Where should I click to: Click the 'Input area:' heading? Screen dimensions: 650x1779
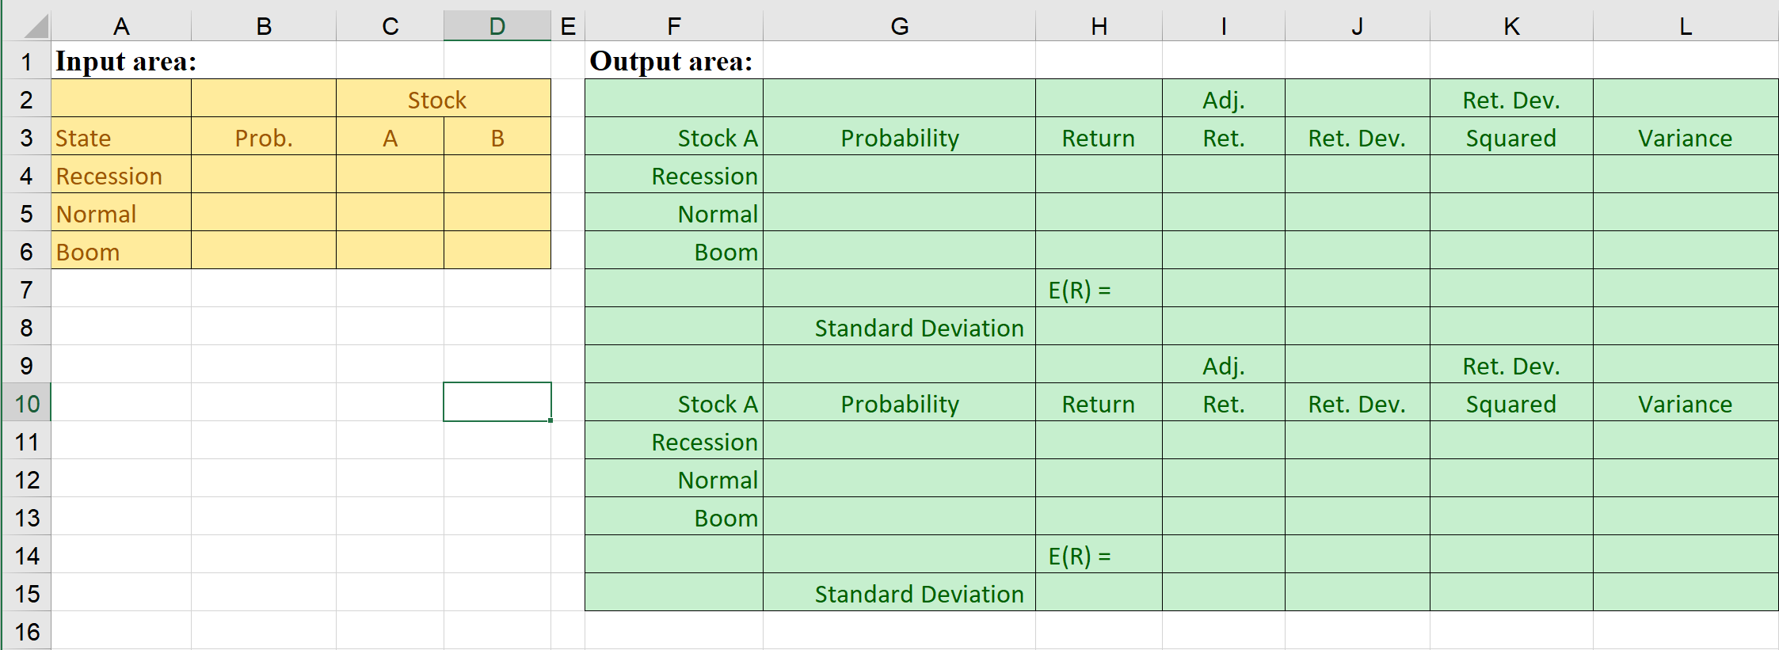pos(126,62)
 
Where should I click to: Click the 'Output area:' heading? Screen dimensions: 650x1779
pos(671,62)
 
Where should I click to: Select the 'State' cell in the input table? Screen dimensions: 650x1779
pos(83,139)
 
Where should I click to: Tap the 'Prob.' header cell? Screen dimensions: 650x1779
pos(264,139)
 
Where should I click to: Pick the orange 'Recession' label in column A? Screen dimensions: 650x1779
pos(109,177)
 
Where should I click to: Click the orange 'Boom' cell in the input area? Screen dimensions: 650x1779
pos(88,253)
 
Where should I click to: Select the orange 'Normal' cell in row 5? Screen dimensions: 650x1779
pos(96,215)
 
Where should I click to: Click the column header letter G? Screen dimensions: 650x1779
pos(899,27)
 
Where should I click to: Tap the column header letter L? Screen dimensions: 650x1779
pos(1686,27)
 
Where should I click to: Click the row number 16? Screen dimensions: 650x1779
pos(27,632)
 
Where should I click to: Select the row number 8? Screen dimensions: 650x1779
pos(27,328)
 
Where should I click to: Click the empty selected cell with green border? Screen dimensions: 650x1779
pos(497,403)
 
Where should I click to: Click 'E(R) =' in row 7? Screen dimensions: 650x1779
pos(1080,291)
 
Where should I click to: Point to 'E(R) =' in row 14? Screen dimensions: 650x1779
pos(1080,557)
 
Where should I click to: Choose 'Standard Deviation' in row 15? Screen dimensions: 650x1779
pos(919,595)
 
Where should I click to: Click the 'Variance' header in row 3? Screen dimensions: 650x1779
pos(1685,139)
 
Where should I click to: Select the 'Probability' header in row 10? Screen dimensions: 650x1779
pos(899,405)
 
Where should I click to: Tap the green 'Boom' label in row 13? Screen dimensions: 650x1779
pos(726,519)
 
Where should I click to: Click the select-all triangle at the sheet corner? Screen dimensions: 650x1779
pos(36,29)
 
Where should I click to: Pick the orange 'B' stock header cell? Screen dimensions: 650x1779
pos(497,139)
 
